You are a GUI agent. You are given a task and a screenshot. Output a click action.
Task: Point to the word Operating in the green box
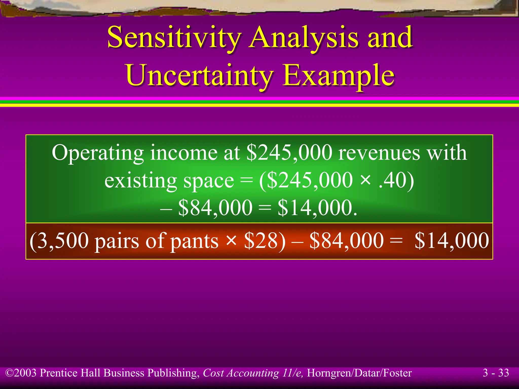(98, 153)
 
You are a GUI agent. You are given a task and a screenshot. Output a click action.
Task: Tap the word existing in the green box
(141, 181)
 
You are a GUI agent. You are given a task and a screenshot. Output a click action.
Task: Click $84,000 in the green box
(215, 208)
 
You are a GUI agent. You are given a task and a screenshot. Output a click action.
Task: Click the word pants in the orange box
(194, 241)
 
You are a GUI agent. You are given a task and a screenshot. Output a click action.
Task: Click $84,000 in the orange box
(346, 240)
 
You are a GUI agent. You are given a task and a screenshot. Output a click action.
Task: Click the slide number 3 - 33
(496, 373)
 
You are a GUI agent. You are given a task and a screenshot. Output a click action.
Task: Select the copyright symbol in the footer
(10, 373)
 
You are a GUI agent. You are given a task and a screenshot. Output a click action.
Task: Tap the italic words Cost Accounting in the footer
(241, 373)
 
